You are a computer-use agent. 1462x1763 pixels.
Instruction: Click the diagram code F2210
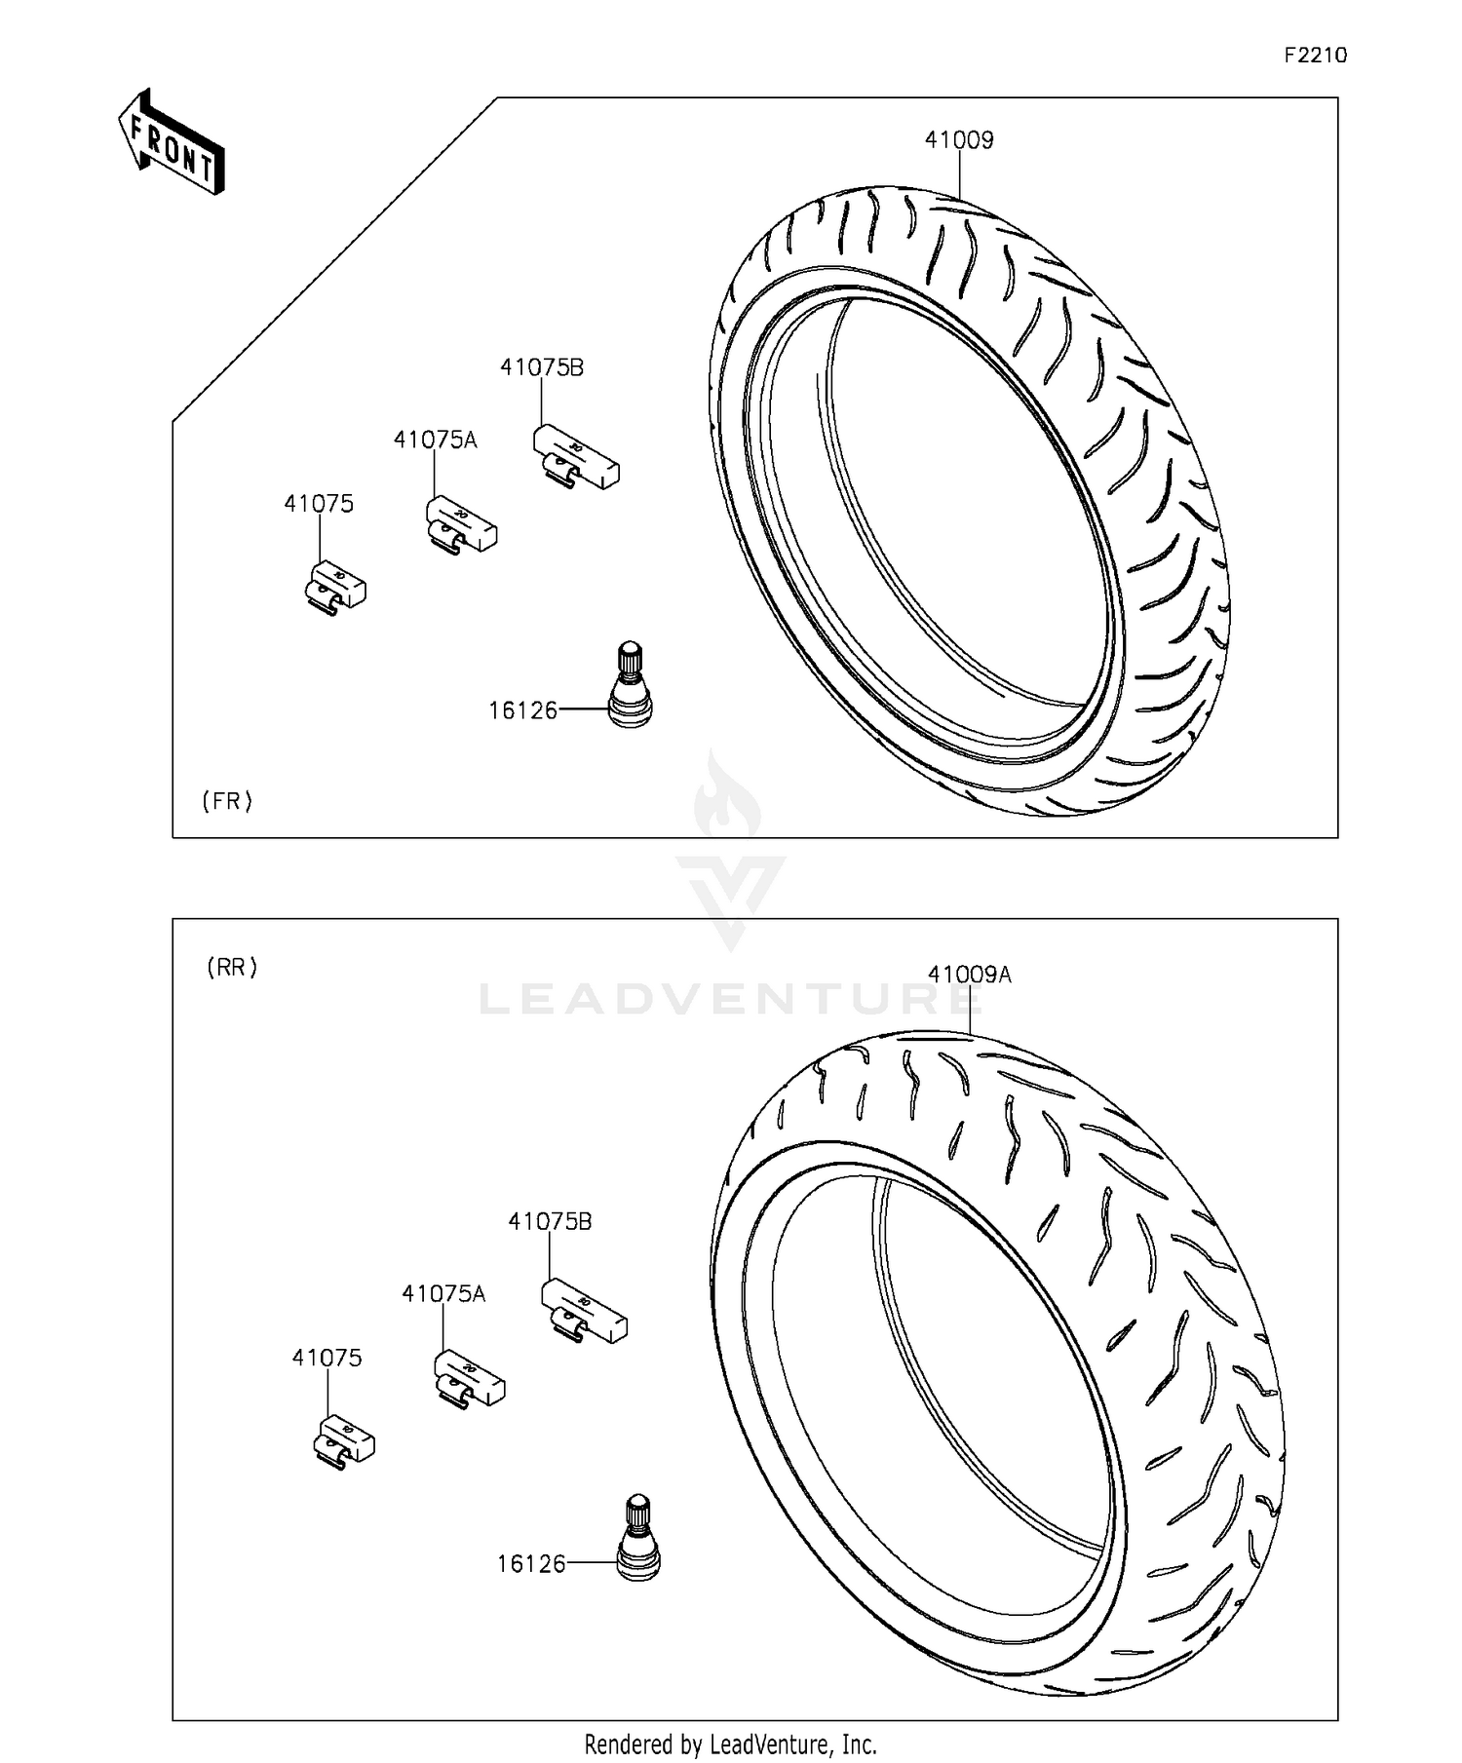1315,56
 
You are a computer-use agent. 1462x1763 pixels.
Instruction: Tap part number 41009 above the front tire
959,140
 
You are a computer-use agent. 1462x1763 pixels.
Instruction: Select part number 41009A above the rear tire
969,975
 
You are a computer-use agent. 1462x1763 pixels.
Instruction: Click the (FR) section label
227,801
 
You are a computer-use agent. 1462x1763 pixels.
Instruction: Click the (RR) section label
232,968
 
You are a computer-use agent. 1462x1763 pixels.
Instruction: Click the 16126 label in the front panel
522,711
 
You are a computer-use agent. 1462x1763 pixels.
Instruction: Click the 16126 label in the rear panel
531,1564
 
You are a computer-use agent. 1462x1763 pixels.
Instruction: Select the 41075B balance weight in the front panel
576,456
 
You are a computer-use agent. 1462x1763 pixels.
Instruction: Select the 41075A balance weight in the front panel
462,524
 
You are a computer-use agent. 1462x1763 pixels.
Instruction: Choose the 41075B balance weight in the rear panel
584,1310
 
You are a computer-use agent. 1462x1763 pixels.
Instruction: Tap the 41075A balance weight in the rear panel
470,1378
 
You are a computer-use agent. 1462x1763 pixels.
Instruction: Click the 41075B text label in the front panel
542,368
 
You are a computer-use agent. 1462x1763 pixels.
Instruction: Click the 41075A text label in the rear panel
443,1294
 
